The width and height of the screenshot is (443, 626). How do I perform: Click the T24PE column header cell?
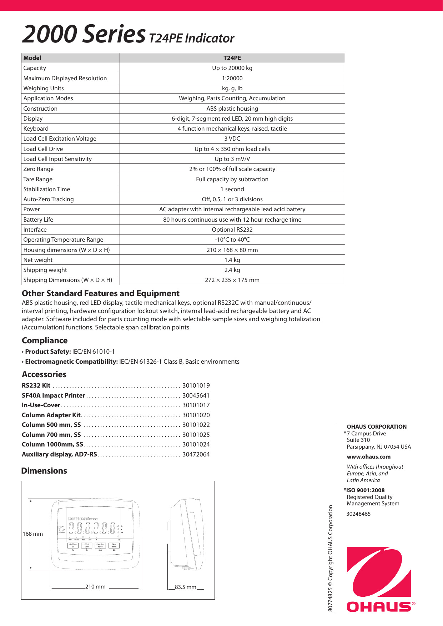pyautogui.click(x=232, y=58)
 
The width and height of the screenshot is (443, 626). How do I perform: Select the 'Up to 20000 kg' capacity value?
pyautogui.click(x=232, y=68)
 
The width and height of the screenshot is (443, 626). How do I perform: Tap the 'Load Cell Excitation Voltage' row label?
pyautogui.click(x=60, y=138)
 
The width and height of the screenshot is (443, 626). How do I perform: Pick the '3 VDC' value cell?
pyautogui.click(x=232, y=138)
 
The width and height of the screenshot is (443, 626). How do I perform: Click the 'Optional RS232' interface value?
pyautogui.click(x=232, y=229)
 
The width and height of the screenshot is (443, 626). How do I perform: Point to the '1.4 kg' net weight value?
pyautogui.click(x=232, y=260)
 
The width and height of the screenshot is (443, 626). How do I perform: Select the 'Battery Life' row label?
pyautogui.click(x=38, y=219)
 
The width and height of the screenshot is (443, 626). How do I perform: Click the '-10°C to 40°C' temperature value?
pyautogui.click(x=232, y=239)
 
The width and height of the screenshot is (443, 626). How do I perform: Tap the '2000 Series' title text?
pyautogui.click(x=84, y=34)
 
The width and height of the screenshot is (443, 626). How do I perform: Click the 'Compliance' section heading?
pyautogui.click(x=45, y=340)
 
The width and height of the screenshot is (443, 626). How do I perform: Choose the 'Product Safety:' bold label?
pyautogui.click(x=48, y=352)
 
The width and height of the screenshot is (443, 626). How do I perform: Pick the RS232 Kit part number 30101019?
pyautogui.click(x=196, y=385)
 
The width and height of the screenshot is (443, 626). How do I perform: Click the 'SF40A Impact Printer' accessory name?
pyautogui.click(x=53, y=395)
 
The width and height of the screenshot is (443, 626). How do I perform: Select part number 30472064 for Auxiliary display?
pyautogui.click(x=196, y=454)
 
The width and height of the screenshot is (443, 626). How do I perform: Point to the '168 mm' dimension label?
pyautogui.click(x=32, y=534)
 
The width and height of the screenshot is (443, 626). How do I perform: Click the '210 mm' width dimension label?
pyautogui.click(x=95, y=587)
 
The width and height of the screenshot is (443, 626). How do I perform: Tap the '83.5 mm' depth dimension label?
pyautogui.click(x=185, y=587)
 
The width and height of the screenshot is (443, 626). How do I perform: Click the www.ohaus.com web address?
pyautogui.click(x=368, y=457)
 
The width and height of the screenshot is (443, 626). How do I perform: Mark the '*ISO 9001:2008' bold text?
pyautogui.click(x=364, y=490)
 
